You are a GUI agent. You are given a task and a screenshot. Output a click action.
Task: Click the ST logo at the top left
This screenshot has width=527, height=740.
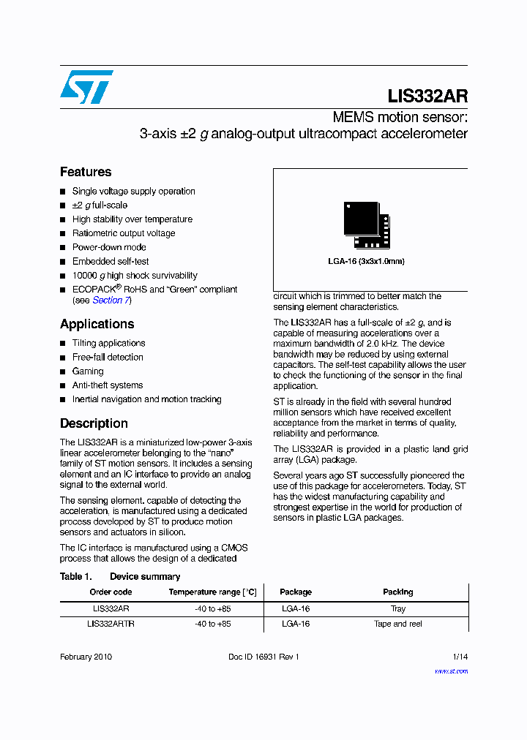(x=86, y=87)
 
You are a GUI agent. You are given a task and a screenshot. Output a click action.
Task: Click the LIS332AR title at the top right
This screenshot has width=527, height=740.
(x=427, y=97)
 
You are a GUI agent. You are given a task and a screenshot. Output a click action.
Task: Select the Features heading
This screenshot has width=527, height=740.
(x=86, y=172)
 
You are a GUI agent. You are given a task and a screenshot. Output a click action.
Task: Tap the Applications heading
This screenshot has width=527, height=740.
(x=97, y=324)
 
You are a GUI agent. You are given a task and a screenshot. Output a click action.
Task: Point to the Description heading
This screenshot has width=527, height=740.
(x=94, y=423)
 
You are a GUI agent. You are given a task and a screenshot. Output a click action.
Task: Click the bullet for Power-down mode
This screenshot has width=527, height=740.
(x=63, y=248)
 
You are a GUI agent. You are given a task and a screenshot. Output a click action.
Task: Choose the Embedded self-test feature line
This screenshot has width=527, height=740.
(x=111, y=261)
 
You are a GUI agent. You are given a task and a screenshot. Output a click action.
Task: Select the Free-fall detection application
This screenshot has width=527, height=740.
(x=108, y=357)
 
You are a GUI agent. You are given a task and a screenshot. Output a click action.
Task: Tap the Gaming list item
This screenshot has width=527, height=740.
(x=88, y=371)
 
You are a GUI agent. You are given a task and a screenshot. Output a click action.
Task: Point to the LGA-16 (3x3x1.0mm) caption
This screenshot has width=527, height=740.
(x=366, y=261)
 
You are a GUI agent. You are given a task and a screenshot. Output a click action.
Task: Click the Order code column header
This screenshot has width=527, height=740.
(x=111, y=592)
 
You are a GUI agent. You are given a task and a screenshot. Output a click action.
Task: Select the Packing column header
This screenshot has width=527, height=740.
(x=397, y=592)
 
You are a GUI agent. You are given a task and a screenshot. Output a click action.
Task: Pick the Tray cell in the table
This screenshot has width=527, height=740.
(x=397, y=608)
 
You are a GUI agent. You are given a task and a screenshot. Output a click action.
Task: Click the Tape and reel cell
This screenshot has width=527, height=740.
(x=397, y=624)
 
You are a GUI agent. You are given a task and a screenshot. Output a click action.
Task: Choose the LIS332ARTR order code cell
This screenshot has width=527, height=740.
(x=111, y=624)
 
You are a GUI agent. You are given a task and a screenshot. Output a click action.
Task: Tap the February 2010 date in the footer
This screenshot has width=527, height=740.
(x=86, y=657)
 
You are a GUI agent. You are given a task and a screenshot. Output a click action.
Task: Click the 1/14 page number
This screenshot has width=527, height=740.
(x=460, y=657)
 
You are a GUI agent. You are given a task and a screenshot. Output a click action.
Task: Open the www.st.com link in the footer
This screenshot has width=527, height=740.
(x=451, y=671)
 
